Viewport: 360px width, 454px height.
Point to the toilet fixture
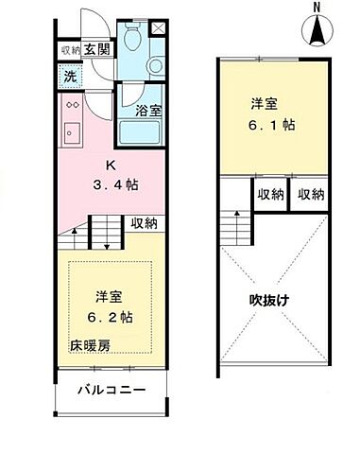click(x=132, y=38)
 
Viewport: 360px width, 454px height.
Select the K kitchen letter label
click(x=111, y=165)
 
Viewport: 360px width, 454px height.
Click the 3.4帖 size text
click(x=111, y=183)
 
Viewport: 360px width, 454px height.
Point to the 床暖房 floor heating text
click(x=88, y=345)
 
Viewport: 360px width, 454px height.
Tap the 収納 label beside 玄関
click(x=70, y=50)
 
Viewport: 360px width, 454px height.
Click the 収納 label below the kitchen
click(x=144, y=223)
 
